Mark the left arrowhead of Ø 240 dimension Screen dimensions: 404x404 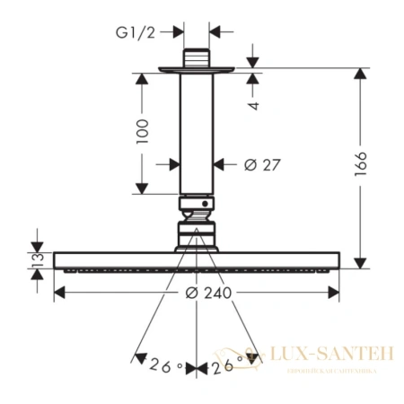pos(60,293)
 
